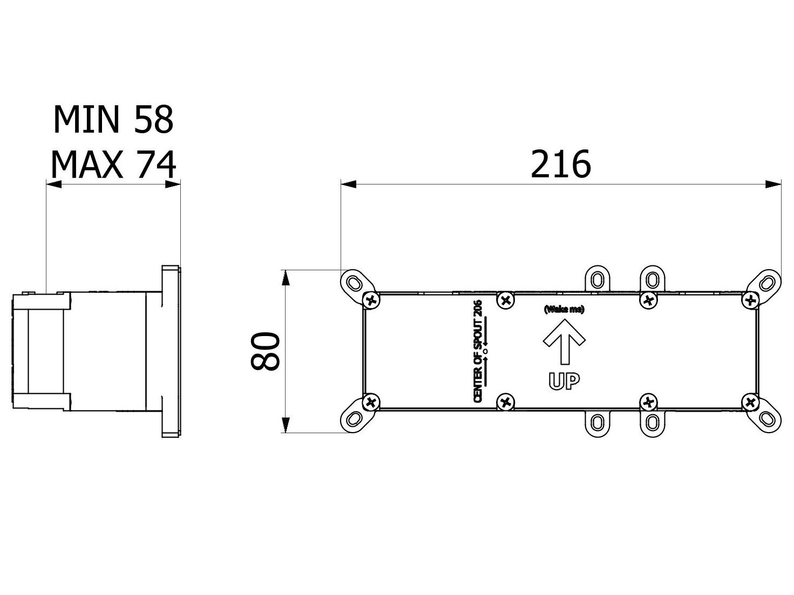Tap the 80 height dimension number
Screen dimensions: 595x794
(266, 351)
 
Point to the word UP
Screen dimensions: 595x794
(564, 381)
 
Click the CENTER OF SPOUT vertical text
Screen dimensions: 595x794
(479, 352)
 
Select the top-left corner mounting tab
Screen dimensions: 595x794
(354, 283)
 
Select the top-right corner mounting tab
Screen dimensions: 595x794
(765, 283)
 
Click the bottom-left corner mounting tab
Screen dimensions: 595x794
(354, 419)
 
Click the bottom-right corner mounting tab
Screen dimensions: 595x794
(765, 419)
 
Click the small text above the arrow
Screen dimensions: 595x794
(564, 310)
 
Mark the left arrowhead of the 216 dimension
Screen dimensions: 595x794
(348, 184)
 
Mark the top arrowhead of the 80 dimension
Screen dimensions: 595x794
(286, 277)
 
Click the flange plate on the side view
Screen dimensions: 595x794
(171, 351)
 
